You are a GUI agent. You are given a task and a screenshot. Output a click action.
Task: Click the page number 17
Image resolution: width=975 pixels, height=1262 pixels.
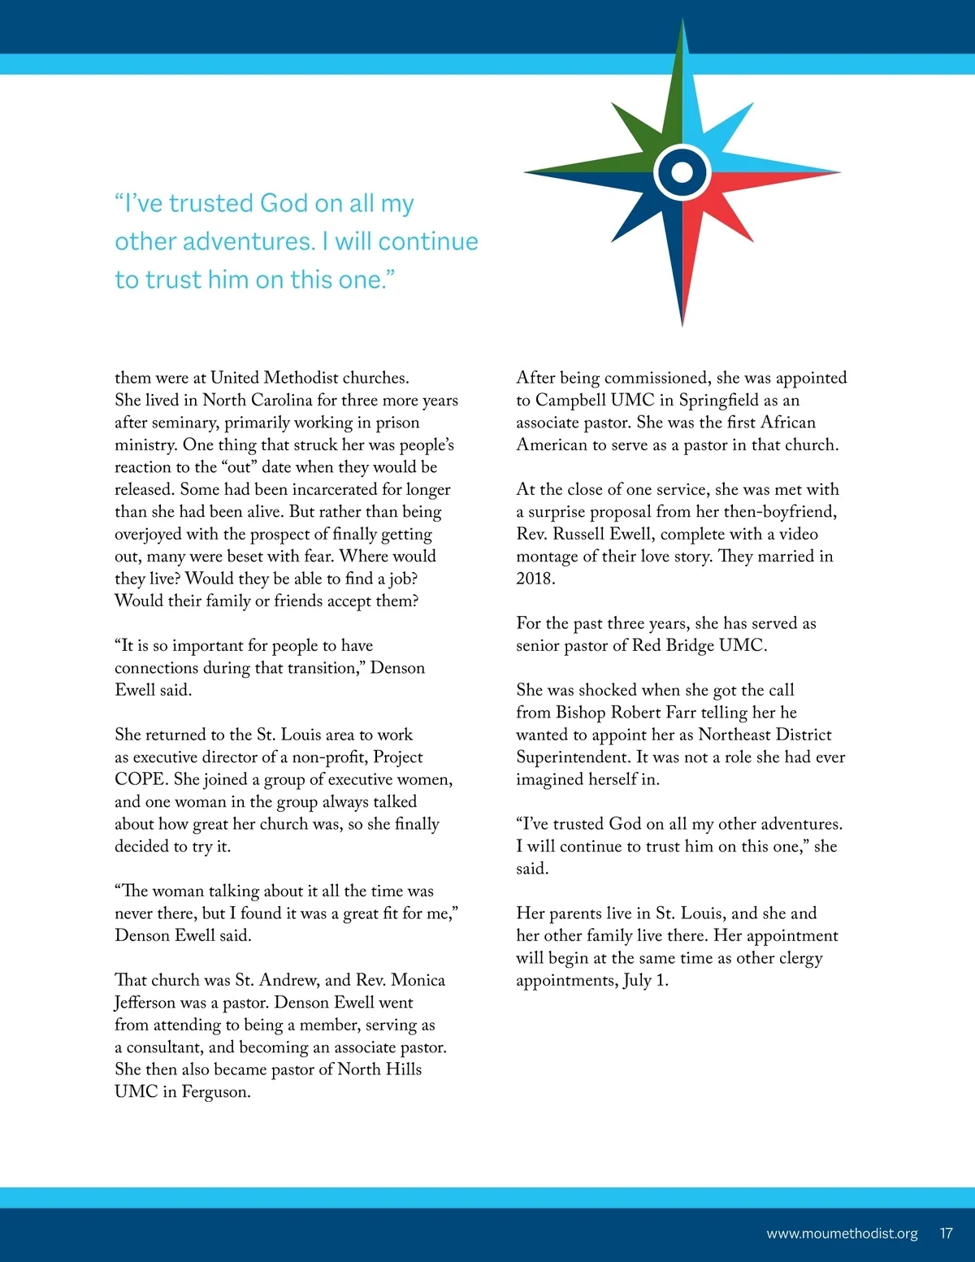(x=946, y=1234)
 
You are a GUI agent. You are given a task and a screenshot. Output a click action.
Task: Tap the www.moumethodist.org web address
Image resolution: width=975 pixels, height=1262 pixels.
(x=842, y=1234)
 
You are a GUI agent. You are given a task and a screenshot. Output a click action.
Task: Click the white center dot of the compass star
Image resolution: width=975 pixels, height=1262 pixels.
(x=682, y=171)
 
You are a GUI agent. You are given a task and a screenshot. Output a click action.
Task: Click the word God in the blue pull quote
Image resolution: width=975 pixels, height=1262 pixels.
(x=284, y=203)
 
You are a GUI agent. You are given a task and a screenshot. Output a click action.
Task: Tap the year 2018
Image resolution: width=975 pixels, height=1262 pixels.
(x=535, y=579)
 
